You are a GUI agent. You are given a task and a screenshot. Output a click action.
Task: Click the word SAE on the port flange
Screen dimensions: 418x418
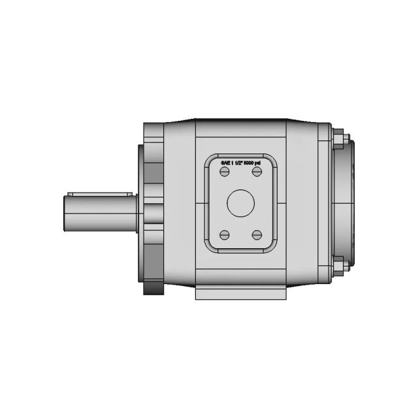point(225,163)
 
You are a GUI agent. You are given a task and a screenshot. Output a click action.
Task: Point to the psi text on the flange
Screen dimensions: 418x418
point(259,163)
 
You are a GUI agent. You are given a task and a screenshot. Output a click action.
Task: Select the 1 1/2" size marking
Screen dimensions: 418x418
point(236,163)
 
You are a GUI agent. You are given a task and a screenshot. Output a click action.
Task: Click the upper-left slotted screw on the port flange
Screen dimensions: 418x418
point(225,172)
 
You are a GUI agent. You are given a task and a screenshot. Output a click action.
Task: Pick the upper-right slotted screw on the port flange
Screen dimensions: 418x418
point(257,172)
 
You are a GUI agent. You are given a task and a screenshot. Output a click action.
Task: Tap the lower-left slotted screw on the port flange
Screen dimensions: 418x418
point(225,235)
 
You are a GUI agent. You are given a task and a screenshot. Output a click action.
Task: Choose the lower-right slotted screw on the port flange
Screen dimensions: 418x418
point(257,235)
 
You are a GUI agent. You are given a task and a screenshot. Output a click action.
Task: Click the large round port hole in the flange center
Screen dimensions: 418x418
point(240,203)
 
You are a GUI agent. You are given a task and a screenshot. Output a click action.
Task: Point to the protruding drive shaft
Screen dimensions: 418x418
point(98,213)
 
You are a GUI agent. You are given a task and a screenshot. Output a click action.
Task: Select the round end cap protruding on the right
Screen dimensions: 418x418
point(349,203)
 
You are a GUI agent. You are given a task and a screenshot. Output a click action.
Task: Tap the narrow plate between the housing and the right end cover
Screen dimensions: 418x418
point(326,203)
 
